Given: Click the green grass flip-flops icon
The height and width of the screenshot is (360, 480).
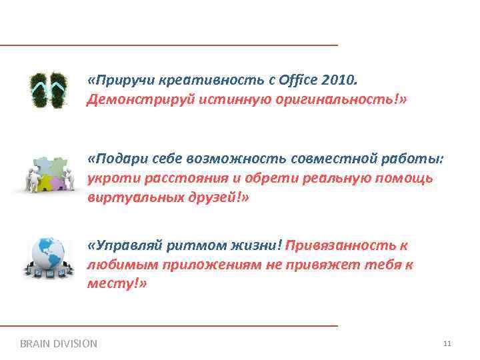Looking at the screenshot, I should (x=49, y=90).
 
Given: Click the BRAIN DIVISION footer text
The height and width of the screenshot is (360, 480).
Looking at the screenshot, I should (x=59, y=344).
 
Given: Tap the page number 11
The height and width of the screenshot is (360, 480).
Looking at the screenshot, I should (x=447, y=344).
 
